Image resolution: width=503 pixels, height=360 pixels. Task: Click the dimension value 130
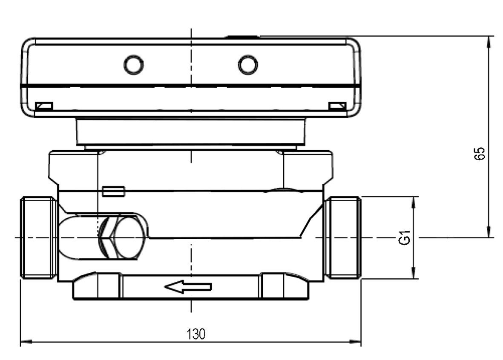pos(195,334)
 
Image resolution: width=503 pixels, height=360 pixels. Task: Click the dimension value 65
pos(480,154)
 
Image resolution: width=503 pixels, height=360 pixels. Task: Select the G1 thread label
pos(404,237)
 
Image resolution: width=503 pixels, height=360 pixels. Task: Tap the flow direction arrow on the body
pos(188,286)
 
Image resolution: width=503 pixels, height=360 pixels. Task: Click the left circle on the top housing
pos(133,65)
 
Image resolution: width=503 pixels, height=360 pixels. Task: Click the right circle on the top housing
pos(247,64)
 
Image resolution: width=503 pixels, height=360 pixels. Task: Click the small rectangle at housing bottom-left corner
pos(44,106)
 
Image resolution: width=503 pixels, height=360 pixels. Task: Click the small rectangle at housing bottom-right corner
pos(337,106)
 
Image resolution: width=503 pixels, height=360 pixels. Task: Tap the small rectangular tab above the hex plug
pos(114,191)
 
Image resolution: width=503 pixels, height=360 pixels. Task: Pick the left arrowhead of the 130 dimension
pos(26,342)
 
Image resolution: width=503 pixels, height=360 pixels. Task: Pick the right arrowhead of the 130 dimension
pos(356,342)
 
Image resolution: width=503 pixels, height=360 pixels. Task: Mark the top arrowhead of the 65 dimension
pos(489,42)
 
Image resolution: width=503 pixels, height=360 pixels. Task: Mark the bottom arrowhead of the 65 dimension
pos(489,231)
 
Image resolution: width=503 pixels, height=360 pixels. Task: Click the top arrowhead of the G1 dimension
pos(414,202)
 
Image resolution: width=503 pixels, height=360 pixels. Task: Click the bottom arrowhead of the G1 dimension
pos(414,273)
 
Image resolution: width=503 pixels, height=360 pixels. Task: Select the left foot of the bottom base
pos(97,286)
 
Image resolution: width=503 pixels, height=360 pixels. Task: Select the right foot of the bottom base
pos(284,286)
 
